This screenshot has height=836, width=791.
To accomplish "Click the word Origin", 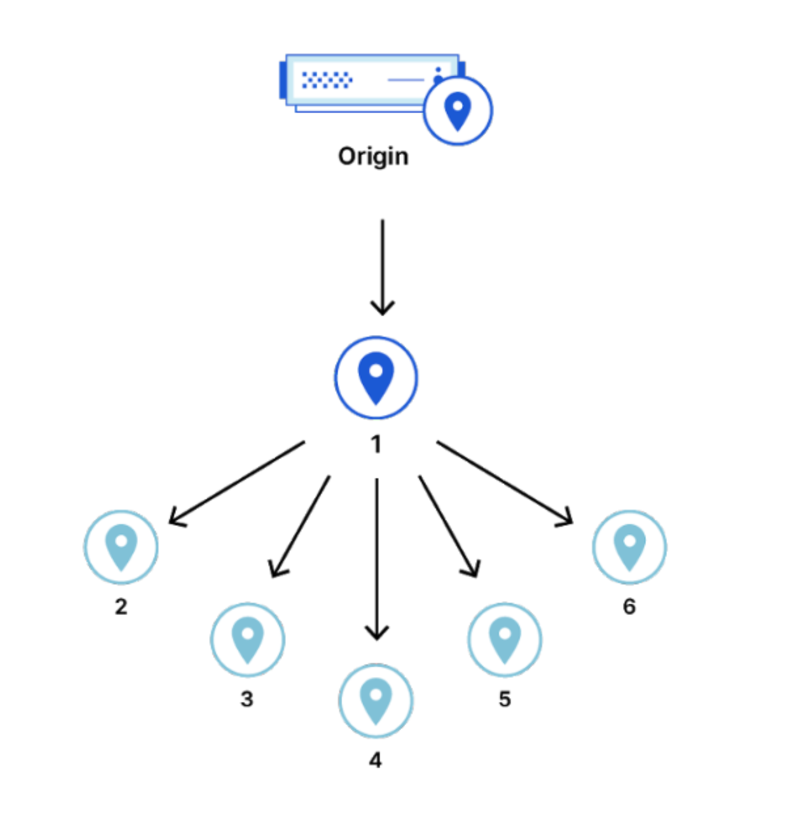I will [x=373, y=157].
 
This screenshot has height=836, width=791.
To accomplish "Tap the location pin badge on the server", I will [x=457, y=110].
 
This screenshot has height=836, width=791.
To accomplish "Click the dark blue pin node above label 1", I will [x=376, y=377].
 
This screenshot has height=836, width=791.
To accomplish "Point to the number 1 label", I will [x=376, y=445].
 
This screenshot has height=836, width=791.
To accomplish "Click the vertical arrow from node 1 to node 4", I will [x=377, y=557].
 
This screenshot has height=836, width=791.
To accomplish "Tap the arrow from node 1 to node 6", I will [x=504, y=483].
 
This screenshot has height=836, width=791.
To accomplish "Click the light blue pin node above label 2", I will [x=121, y=546].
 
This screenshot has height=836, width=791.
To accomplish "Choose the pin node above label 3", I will [x=248, y=639].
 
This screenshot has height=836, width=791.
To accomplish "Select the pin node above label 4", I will [x=376, y=700].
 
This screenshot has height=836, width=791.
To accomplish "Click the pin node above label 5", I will [x=504, y=639].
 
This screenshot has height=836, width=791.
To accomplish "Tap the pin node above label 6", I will [x=629, y=546].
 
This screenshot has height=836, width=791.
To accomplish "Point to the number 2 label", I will [x=121, y=607].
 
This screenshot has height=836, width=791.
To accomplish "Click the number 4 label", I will [x=375, y=760].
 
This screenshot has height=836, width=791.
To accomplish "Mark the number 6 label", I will [x=629, y=607].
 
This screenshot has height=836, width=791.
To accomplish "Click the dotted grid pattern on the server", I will [x=327, y=80].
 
